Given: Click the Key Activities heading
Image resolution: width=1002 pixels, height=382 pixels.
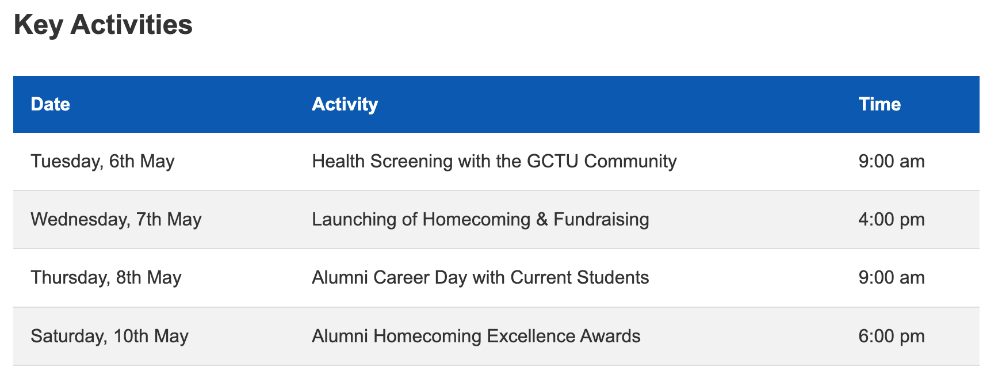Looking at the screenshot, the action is pyautogui.click(x=103, y=25).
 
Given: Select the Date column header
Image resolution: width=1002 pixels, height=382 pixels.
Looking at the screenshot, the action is pyautogui.click(x=51, y=104).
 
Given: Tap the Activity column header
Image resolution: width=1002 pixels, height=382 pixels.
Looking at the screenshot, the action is pyautogui.click(x=345, y=104).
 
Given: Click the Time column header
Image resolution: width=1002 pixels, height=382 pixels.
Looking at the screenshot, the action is pyautogui.click(x=879, y=104).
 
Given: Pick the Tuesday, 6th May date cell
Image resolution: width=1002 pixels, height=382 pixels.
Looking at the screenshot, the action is pyautogui.click(x=102, y=161).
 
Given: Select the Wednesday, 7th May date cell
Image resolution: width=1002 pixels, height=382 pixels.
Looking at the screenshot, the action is pyautogui.click(x=116, y=219).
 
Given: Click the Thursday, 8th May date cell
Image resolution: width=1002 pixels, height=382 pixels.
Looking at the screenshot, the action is pyautogui.click(x=106, y=277).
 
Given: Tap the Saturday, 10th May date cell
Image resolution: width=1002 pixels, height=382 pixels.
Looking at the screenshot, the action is pyautogui.click(x=110, y=336).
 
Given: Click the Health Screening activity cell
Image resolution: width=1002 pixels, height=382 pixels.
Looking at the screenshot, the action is pyautogui.click(x=495, y=161).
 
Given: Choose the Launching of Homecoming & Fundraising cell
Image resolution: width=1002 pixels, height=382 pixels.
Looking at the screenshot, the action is pyautogui.click(x=481, y=219).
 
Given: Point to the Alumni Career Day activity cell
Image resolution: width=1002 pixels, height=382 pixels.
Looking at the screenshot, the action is pyautogui.click(x=481, y=277).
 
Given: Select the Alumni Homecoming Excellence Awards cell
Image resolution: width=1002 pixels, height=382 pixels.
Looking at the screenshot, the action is pyautogui.click(x=476, y=336).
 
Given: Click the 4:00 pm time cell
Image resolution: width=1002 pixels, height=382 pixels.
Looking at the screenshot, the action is pyautogui.click(x=892, y=219).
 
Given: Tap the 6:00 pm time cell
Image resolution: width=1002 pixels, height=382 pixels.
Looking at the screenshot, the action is pyautogui.click(x=892, y=336).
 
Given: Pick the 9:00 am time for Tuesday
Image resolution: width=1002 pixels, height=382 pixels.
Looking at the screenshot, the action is pyautogui.click(x=892, y=161).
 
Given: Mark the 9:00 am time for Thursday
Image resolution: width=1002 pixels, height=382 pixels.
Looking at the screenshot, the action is pyautogui.click(x=892, y=277).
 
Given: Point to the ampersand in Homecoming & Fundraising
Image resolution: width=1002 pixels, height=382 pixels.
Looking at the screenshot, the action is pyautogui.click(x=542, y=219).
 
